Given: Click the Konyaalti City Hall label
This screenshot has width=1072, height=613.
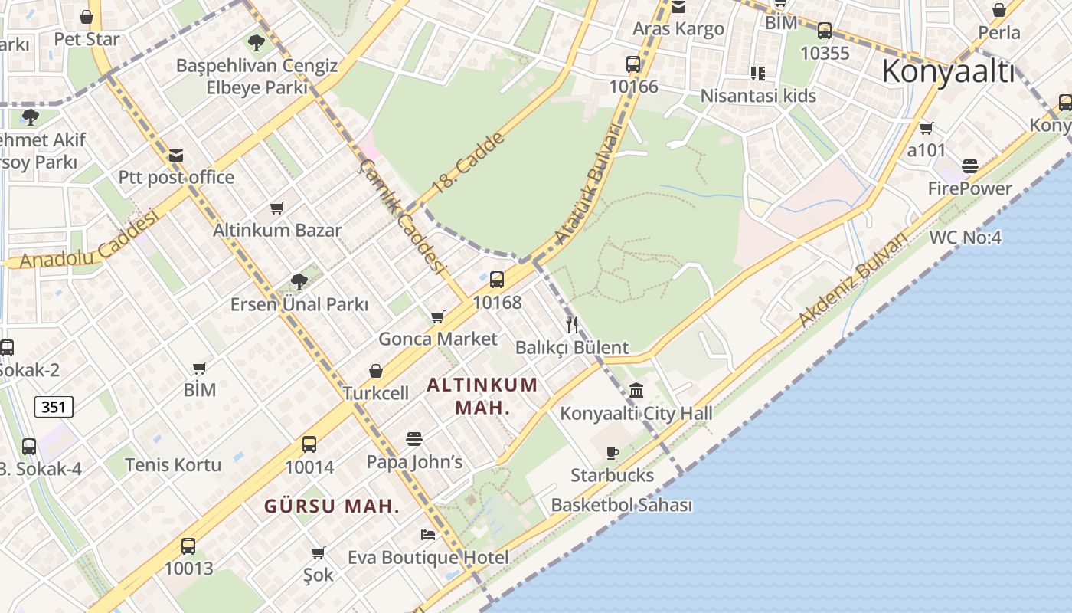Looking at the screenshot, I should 636,414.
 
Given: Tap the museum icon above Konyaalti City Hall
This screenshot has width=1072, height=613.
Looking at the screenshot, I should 636,390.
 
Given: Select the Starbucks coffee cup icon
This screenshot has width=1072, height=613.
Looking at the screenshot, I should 612,453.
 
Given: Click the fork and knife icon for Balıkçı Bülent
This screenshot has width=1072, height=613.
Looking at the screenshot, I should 572,324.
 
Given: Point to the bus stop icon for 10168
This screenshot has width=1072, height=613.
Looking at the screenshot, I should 497,280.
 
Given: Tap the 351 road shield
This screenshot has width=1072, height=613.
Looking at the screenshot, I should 54,407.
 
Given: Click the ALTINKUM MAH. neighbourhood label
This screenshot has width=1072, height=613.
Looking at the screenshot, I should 482,396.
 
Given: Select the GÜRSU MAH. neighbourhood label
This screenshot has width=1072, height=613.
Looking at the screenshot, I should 332,506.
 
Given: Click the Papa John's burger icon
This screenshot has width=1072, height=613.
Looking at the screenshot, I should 414,439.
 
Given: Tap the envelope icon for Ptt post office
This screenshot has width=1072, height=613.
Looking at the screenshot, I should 176,156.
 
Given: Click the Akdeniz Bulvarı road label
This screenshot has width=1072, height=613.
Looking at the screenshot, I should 851,280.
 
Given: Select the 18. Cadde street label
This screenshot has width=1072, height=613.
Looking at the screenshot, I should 468,162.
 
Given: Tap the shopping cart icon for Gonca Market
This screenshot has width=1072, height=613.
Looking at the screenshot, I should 438,316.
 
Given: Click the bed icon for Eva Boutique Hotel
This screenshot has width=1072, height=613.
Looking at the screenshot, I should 428,534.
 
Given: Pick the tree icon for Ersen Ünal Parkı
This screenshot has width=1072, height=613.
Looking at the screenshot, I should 299,281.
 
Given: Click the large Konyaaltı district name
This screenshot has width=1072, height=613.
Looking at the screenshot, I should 948,72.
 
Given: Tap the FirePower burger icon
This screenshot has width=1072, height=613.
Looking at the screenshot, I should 970,166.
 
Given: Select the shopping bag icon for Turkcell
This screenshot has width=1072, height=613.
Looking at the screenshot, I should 376,371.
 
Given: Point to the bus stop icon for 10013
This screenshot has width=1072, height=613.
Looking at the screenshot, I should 188,546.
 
